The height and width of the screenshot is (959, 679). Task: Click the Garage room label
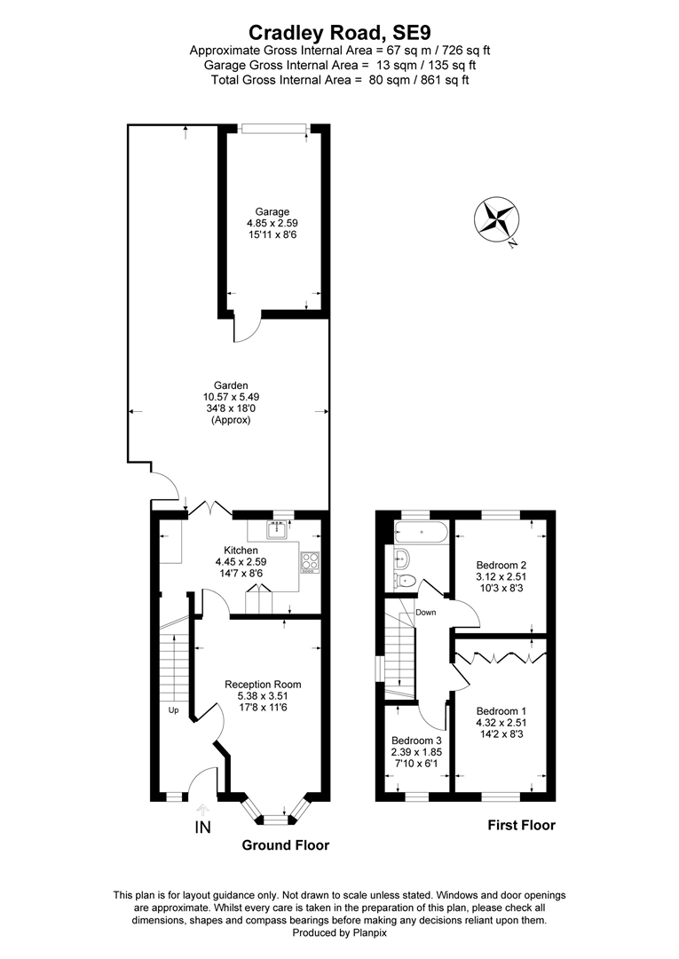click(x=272, y=212)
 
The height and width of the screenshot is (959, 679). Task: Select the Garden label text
click(x=231, y=385)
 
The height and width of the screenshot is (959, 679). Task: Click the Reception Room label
click(x=263, y=685)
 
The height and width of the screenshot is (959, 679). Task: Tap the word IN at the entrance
click(x=202, y=828)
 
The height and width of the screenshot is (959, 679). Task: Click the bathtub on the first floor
click(x=422, y=532)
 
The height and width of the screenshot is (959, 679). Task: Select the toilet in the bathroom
click(x=406, y=580)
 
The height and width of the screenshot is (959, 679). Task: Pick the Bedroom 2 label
click(x=501, y=565)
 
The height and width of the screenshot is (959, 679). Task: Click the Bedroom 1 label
click(x=501, y=711)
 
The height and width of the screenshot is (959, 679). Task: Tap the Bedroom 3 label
click(x=416, y=741)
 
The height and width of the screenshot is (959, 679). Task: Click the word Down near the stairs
click(x=426, y=612)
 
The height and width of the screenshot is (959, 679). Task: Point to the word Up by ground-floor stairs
click(x=174, y=710)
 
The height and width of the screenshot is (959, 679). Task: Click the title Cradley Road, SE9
click(x=340, y=31)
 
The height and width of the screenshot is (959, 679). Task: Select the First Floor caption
click(x=521, y=825)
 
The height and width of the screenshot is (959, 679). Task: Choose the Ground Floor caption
click(x=286, y=845)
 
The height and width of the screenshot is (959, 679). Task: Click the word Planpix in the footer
click(x=370, y=932)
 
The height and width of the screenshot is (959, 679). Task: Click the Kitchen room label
click(x=241, y=551)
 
